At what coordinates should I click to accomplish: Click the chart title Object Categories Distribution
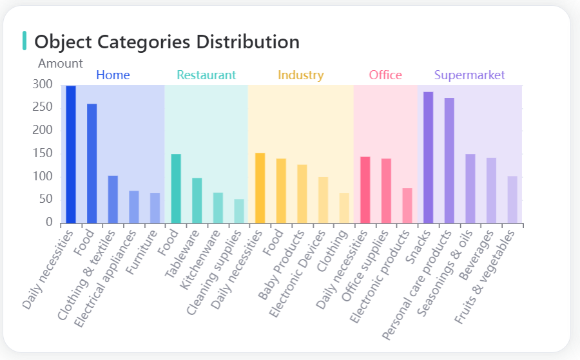[x=166, y=42]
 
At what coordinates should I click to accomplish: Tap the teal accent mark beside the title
[x=24, y=41]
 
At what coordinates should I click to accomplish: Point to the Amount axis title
[x=60, y=63]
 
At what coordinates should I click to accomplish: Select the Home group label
[x=113, y=75]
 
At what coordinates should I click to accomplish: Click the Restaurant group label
[x=206, y=75]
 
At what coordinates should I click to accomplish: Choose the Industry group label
[x=300, y=75]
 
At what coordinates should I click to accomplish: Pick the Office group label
[x=385, y=75]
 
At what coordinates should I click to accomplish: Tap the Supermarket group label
[x=469, y=75]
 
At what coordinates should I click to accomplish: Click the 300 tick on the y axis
[x=42, y=84]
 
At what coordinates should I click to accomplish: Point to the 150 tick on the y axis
[x=42, y=153]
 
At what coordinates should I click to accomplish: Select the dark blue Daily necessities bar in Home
[x=71, y=155]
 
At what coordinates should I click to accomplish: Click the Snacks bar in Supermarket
[x=428, y=158]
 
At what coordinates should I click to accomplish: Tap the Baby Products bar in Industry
[x=302, y=194]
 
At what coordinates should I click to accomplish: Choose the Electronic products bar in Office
[x=407, y=205]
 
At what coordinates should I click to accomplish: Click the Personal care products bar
[x=449, y=160]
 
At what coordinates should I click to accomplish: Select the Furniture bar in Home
[x=155, y=208]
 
